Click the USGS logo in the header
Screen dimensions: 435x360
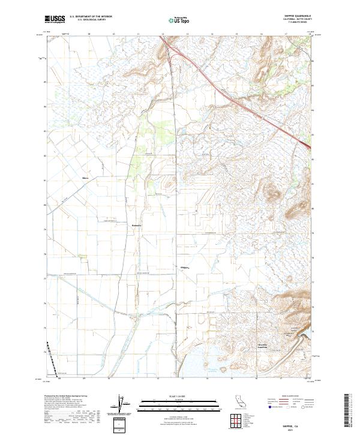pyautogui.click(x=54, y=20)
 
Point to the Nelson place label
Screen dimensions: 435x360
pyautogui.click(x=85, y=178)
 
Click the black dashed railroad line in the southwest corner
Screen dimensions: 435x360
pyautogui.click(x=52, y=358)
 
